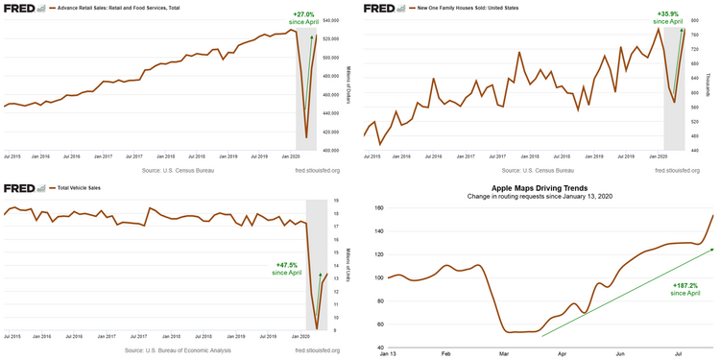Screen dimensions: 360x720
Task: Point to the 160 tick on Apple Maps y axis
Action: (378, 207)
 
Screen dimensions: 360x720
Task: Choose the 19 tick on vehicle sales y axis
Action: (335, 201)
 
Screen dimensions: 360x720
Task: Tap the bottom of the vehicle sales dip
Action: (317, 326)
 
